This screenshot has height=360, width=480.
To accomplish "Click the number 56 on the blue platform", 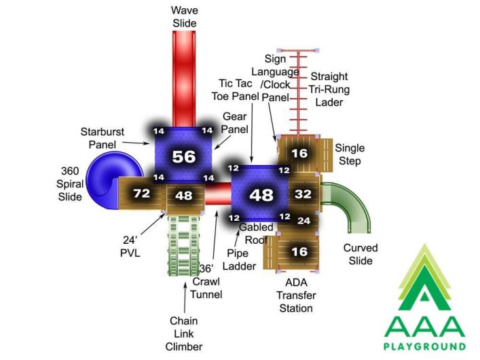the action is tap(184, 156).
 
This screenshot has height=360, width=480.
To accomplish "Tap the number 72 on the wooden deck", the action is tap(142, 194).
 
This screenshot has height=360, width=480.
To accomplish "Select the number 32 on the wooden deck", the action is tap(303, 194).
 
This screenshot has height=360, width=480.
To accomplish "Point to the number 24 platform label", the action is tap(303, 221).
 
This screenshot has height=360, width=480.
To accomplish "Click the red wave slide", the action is tap(184, 79).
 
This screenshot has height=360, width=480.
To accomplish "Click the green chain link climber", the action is tap(184, 245).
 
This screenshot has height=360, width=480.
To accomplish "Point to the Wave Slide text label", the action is tap(184, 17).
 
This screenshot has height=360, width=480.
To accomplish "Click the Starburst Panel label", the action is tap(103, 138).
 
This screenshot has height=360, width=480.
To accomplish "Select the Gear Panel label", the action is tap(234, 123).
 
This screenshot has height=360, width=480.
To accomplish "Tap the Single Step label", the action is tap(350, 154).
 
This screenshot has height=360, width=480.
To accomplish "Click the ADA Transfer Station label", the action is tap(296, 295).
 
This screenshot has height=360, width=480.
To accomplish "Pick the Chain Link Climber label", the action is tap(184, 334).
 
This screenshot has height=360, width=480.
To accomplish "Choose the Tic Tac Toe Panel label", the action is tap(236, 90).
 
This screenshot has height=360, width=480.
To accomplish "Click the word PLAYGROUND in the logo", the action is tap(424, 347).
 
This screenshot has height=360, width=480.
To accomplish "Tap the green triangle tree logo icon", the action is tap(424, 277).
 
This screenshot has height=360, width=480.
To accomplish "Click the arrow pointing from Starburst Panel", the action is tap(136, 143).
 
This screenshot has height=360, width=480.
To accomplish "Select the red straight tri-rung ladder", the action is tap(298, 92).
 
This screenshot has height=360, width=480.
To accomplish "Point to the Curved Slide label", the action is tap(361, 254).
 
